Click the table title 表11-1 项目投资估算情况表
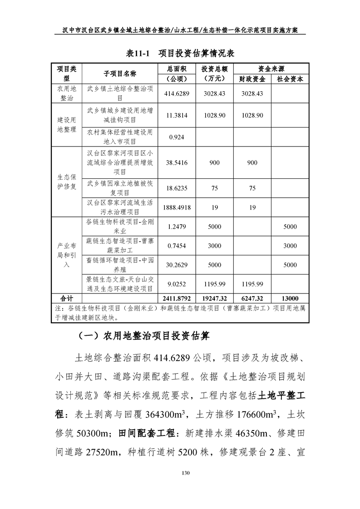(x=180, y=53)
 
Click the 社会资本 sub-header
(x=290, y=78)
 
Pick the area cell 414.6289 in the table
(x=175, y=93)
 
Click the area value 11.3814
(x=175, y=115)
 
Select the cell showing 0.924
(x=175, y=137)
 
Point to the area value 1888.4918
(x=175, y=207)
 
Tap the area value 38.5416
(x=175, y=163)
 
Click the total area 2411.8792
(x=175, y=298)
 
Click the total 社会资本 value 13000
(x=290, y=298)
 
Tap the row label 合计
(x=66, y=298)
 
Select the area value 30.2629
(x=175, y=265)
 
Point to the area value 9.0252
(x=175, y=284)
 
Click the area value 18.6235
(x=175, y=188)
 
